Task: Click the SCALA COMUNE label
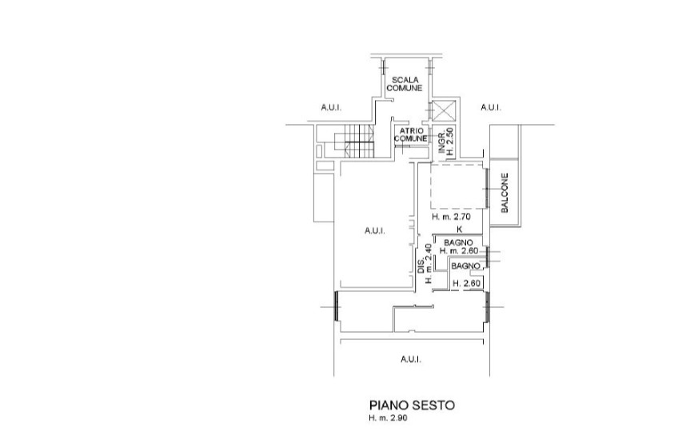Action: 405,84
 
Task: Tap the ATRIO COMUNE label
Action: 411,135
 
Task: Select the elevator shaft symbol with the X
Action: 443,110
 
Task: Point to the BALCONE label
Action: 505,193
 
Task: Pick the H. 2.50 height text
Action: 450,141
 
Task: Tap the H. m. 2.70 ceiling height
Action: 452,216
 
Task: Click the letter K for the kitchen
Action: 460,229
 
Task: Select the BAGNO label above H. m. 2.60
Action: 458,242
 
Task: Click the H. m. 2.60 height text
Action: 459,250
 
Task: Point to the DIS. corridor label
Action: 421,266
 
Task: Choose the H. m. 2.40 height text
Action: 429,263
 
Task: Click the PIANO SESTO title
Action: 412,406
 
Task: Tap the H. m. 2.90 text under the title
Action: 389,418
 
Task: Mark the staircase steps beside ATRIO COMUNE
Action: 353,141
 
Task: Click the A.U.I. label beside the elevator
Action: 491,107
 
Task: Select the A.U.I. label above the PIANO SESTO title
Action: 411,359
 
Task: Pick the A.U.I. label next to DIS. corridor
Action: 374,230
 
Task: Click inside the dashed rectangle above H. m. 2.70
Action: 457,186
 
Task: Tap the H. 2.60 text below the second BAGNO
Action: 466,283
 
